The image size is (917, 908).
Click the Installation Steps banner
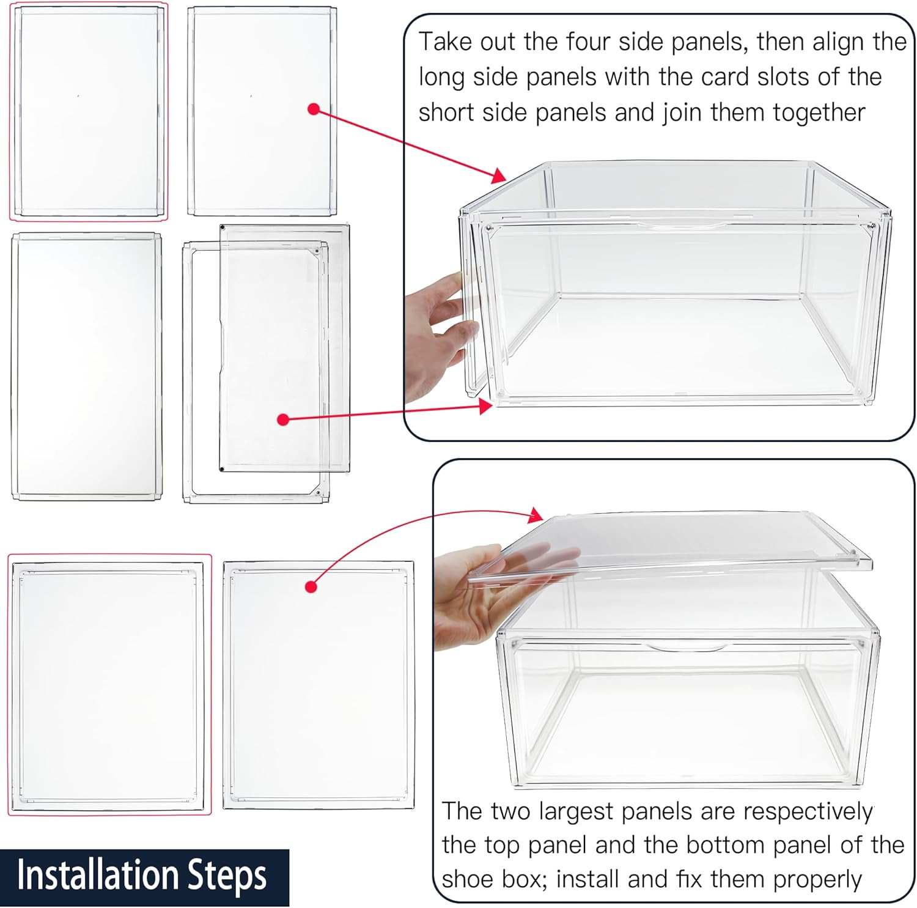[x=144, y=876]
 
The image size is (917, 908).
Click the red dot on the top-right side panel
[x=314, y=109]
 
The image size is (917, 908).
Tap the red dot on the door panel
[x=282, y=419]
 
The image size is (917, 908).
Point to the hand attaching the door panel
[x=437, y=336]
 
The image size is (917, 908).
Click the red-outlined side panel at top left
[x=89, y=111]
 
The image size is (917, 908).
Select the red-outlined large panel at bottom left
[x=109, y=685]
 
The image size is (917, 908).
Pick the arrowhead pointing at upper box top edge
[x=499, y=175]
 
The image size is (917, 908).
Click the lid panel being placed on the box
[x=672, y=541]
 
